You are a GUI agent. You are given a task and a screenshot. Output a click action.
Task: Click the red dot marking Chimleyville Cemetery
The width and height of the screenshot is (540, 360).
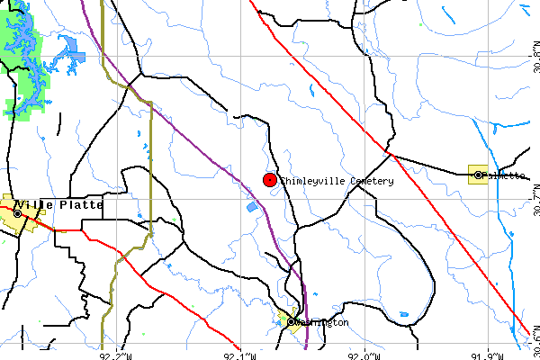pos(269,180)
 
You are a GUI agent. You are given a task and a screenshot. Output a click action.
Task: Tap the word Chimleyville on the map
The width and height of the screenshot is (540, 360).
pos(309,181)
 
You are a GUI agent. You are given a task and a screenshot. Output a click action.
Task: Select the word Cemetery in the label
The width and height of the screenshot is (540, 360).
pos(367,181)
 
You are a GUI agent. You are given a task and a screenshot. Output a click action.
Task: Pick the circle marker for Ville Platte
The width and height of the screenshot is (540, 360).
pos(17,214)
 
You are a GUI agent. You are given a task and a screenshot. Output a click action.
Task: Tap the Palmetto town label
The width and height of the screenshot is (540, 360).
pos(504,175)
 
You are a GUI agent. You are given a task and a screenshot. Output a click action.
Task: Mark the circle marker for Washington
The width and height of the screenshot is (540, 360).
pos(292,321)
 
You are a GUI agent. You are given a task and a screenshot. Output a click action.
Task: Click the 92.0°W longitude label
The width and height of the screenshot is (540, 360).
pos(364,355)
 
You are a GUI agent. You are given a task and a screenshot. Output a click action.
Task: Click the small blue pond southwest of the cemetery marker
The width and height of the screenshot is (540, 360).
pos(252,207)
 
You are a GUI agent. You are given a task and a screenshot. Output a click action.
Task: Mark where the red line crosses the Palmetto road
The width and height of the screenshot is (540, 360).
pos(393,156)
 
